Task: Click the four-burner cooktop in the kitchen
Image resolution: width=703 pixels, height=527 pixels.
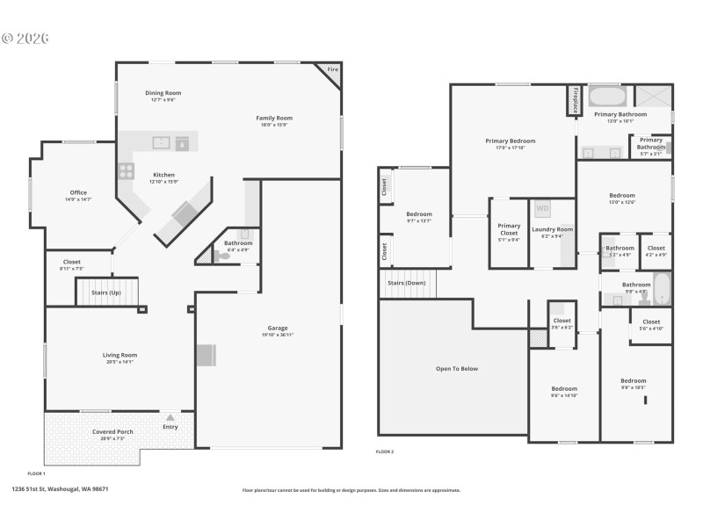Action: pyautogui.click(x=126, y=170)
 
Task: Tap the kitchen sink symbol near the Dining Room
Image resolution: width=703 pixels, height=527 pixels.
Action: pyautogui.click(x=161, y=142)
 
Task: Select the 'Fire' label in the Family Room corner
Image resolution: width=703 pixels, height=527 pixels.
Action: pyautogui.click(x=332, y=69)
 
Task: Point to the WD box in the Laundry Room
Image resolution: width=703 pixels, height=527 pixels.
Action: pyautogui.click(x=541, y=209)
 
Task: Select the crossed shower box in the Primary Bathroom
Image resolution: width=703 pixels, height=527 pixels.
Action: pyautogui.click(x=653, y=97)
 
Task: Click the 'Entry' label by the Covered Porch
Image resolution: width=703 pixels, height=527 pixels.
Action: pyautogui.click(x=170, y=427)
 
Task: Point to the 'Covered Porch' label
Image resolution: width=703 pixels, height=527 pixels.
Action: pyautogui.click(x=112, y=431)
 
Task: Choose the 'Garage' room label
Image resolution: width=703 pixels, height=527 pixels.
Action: pyautogui.click(x=278, y=328)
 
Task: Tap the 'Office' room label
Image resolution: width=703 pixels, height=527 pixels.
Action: pyautogui.click(x=78, y=192)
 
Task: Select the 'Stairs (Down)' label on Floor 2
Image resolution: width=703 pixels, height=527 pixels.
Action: pyautogui.click(x=407, y=283)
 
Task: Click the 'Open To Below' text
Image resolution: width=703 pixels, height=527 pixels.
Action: pyautogui.click(x=457, y=368)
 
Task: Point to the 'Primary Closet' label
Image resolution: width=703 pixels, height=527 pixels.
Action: pyautogui.click(x=509, y=229)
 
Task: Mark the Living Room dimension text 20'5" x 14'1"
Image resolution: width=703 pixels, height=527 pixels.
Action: pyautogui.click(x=120, y=361)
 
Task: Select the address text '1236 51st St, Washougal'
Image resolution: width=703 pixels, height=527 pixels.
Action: pyautogui.click(x=60, y=489)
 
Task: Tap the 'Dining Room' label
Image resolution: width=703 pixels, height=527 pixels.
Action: pyautogui.click(x=163, y=92)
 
